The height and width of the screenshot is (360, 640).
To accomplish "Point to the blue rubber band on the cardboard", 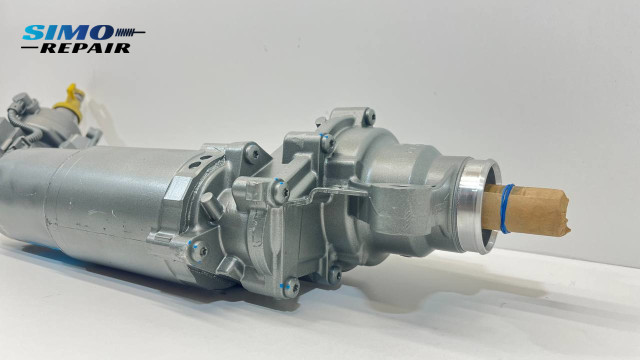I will (507, 207).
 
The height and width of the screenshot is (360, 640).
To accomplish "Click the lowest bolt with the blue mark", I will (292, 287).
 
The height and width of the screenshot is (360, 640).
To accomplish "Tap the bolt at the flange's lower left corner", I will (199, 249).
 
